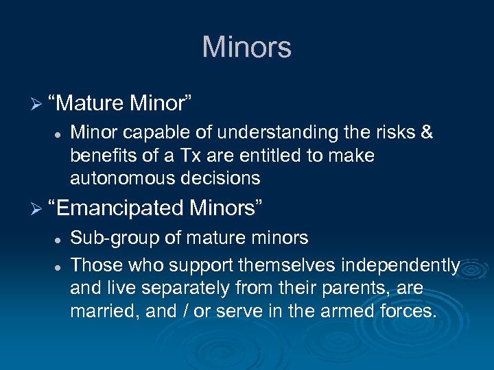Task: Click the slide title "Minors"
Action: [246, 47]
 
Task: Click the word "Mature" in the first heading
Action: [88, 103]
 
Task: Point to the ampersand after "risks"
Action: [426, 132]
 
